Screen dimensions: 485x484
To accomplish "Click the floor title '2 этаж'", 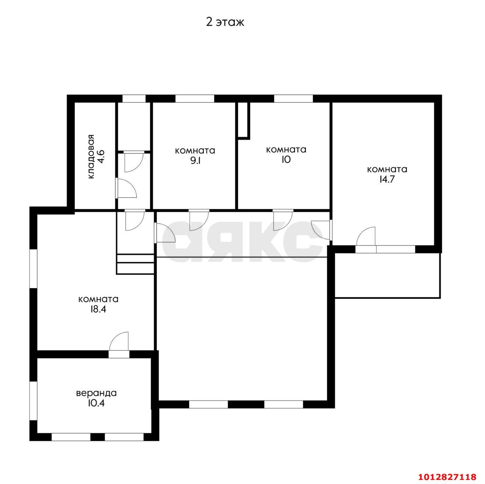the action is tap(225, 22).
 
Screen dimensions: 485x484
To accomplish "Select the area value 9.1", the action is tap(195, 160).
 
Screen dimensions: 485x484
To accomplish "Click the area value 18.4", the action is tap(98, 309).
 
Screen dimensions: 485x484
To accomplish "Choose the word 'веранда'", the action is tap(96, 393).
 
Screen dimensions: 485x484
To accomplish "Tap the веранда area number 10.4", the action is tap(96, 403).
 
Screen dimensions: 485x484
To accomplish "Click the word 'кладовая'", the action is tap(91, 157).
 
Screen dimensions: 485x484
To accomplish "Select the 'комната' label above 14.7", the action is tap(387, 169).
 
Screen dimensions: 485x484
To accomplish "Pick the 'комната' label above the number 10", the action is tap(286, 150).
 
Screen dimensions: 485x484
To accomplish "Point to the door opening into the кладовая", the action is tap(126, 188).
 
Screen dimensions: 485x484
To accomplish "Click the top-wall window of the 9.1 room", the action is tap(194, 99).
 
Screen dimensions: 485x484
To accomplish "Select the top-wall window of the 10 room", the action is tap(293, 99).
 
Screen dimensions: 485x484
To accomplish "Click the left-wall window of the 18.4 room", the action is tap(33, 269).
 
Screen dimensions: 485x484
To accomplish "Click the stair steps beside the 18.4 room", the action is tap(135, 263).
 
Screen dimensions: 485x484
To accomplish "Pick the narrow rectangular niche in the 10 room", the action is tap(244, 121).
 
